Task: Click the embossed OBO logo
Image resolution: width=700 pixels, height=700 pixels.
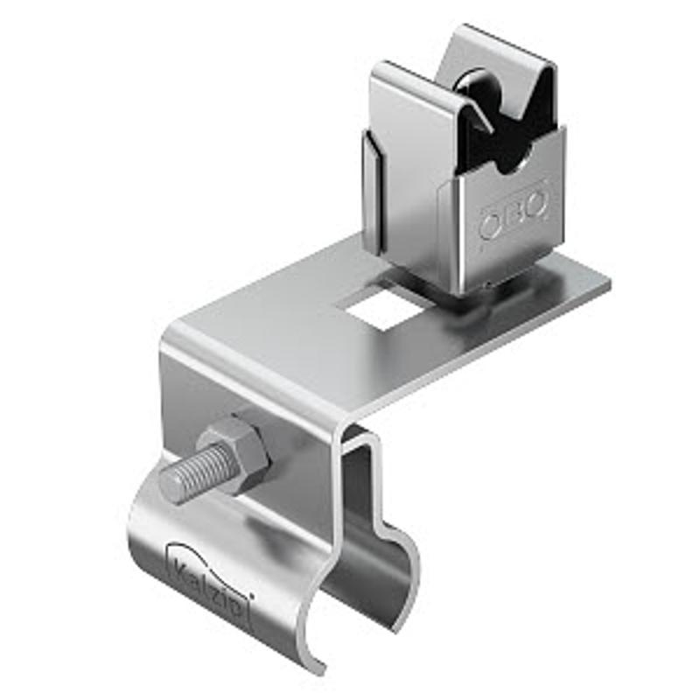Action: pos(514,214)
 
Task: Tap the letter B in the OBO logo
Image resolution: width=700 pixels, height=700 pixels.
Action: pos(514,214)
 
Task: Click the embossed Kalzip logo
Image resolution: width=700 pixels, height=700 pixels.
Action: pos(210,579)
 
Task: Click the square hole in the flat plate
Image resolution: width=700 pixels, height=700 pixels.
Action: pos(384,307)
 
